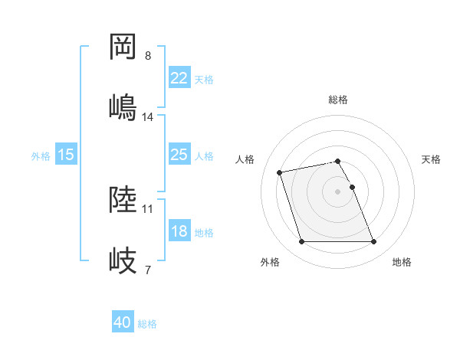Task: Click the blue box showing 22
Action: click(x=179, y=78)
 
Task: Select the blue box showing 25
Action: click(x=179, y=155)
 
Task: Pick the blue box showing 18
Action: click(x=179, y=231)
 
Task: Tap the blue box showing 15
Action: click(x=66, y=155)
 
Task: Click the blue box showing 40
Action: click(x=123, y=323)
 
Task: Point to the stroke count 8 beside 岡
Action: click(x=148, y=56)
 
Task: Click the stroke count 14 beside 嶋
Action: click(x=149, y=116)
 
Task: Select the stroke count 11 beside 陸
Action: click(x=148, y=208)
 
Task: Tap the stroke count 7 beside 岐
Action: click(x=148, y=270)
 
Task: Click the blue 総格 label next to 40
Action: click(x=147, y=324)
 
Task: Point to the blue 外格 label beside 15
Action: click(x=41, y=155)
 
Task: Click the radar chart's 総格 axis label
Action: click(x=338, y=100)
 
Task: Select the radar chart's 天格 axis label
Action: click(x=432, y=159)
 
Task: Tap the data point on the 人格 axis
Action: click(x=280, y=172)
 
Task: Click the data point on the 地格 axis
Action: click(x=374, y=242)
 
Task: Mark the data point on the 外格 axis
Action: click(x=301, y=242)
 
